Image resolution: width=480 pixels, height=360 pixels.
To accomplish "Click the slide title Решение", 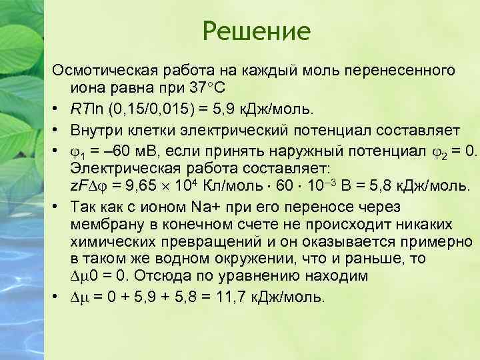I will click(x=257, y=31).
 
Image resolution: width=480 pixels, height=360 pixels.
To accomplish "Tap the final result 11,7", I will click(x=227, y=295).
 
